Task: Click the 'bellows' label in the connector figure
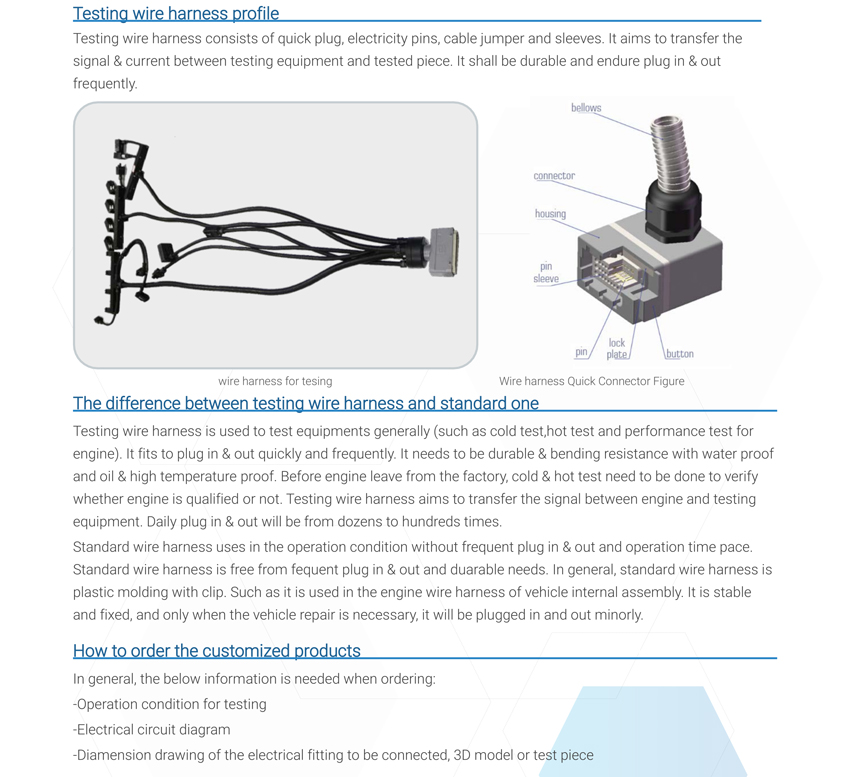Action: click(x=586, y=108)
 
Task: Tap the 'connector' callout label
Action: click(x=554, y=176)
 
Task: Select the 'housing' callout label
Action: click(x=550, y=214)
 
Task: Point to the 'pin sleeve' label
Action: click(x=546, y=273)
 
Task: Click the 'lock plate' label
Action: click(x=617, y=349)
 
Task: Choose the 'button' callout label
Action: click(x=680, y=354)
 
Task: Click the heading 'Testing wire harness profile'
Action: click(x=176, y=14)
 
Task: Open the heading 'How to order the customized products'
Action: click(x=217, y=651)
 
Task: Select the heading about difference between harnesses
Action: click(x=306, y=404)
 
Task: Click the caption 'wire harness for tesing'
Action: click(x=275, y=381)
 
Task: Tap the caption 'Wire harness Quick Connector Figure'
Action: click(x=592, y=381)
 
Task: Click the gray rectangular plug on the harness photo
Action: click(x=443, y=252)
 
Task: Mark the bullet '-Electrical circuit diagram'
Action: click(x=152, y=730)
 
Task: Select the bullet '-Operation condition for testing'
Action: click(x=170, y=704)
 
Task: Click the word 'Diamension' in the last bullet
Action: click(x=118, y=755)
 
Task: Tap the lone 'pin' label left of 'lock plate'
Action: click(x=581, y=352)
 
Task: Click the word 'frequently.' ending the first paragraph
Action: click(x=105, y=84)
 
